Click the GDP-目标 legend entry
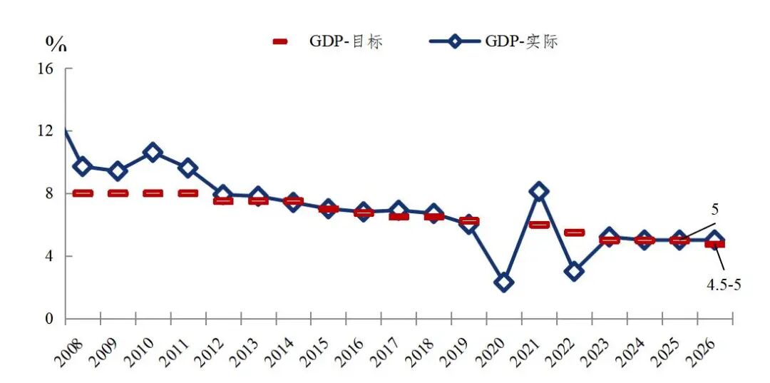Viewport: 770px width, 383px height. [328, 41]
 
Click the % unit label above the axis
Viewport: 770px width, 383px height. [56, 44]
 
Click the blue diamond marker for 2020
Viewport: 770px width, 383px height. [504, 282]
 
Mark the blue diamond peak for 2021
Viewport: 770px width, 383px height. [539, 191]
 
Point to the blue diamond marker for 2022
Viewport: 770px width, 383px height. [575, 271]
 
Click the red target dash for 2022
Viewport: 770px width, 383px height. [575, 233]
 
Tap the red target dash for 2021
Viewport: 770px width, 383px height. [539, 225]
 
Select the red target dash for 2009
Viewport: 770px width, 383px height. [118, 193]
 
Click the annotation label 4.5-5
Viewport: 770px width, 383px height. [724, 285]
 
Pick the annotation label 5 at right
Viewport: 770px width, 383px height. [713, 210]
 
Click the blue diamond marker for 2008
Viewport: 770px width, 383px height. [83, 166]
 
